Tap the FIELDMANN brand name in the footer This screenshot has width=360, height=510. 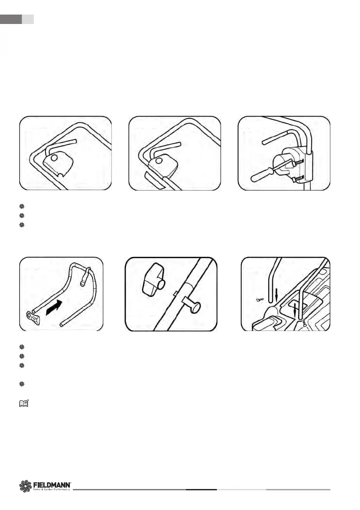click(52, 484)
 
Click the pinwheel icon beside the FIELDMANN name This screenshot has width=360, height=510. click(26, 486)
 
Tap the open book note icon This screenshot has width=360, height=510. click(24, 403)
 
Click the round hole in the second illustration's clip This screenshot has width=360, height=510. click(159, 161)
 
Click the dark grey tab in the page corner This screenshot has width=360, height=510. click(11, 19)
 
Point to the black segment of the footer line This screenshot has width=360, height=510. click(201, 489)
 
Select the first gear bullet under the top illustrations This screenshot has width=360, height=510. click(22, 206)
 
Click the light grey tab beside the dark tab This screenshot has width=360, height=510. click(27, 19)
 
